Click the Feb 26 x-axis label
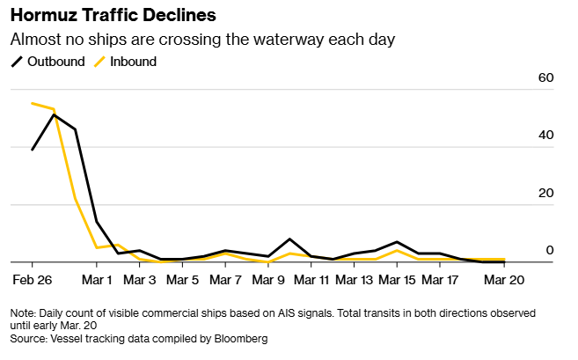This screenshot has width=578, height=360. [x=33, y=281]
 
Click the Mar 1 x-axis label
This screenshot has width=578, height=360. [x=97, y=281]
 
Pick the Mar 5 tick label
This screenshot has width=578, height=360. [x=182, y=281]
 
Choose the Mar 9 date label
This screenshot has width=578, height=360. [x=268, y=281]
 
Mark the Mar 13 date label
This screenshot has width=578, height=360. [x=355, y=281]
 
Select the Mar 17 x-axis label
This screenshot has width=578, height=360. [x=441, y=281]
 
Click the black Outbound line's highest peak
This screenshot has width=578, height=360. [x=55, y=114]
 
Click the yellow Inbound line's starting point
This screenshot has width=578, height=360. [x=33, y=103]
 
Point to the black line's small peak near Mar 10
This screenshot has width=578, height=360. [x=289, y=239]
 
